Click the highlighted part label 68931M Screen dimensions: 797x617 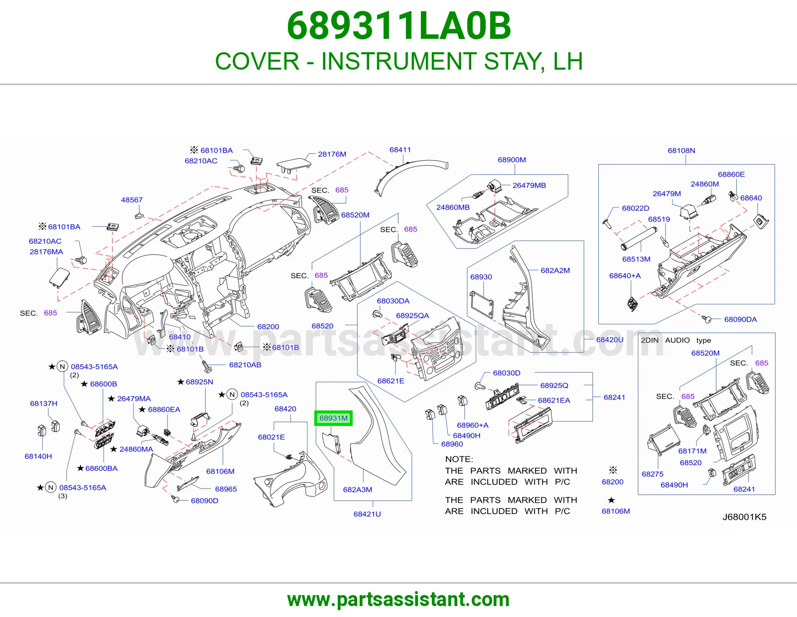[x=333, y=418]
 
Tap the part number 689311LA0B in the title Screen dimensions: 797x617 [x=399, y=26]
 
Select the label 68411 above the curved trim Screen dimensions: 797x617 [x=400, y=150]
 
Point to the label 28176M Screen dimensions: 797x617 [x=332, y=154]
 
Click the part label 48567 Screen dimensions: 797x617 [x=132, y=200]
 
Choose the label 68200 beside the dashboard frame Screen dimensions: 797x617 [x=268, y=326]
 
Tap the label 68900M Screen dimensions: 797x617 [x=512, y=160]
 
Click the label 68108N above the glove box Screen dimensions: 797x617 [x=681, y=151]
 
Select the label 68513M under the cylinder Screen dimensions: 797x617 [x=636, y=259]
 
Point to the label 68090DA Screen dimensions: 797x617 [x=741, y=319]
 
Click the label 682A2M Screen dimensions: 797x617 [x=555, y=270]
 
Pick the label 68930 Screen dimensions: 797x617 [x=481, y=277]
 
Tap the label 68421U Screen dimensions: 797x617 [x=367, y=514]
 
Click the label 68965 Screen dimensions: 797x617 [x=226, y=489]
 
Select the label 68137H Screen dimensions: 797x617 [x=44, y=404]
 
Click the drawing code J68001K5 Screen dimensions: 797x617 [x=745, y=517]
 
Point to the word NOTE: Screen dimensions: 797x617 [x=459, y=459]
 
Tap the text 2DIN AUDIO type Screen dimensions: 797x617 [x=676, y=340]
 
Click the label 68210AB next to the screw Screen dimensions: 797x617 [x=245, y=365]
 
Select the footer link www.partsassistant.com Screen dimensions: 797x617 [x=398, y=600]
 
